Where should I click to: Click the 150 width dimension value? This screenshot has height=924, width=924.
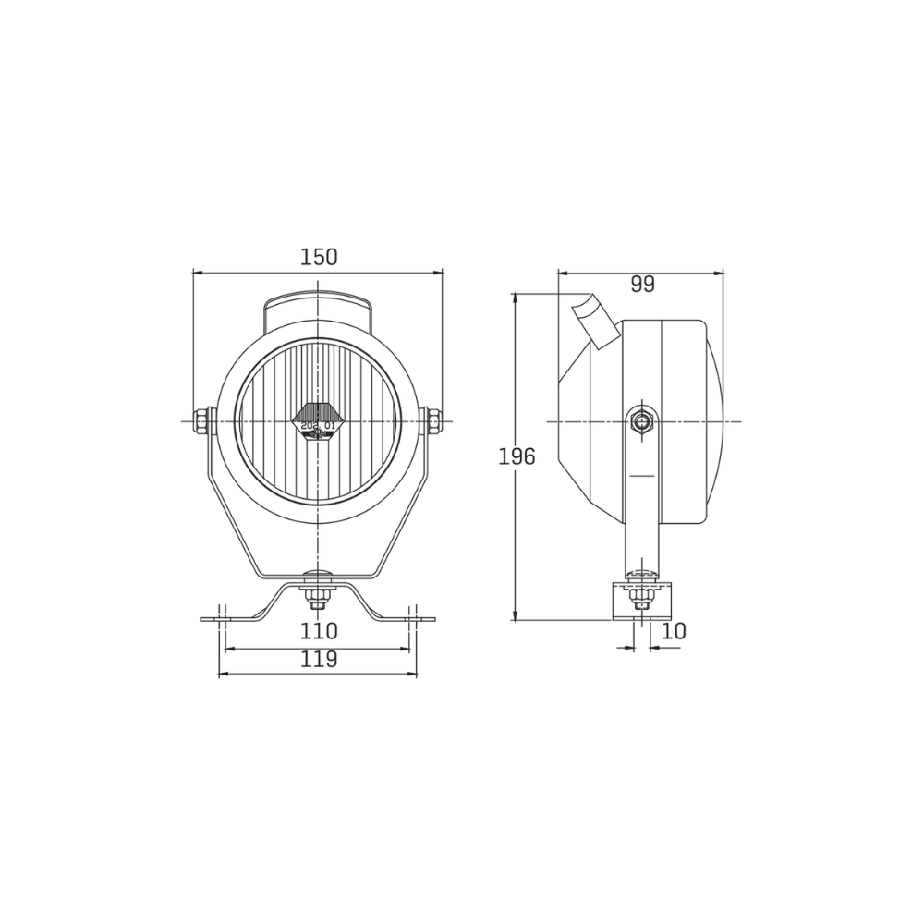[319, 258]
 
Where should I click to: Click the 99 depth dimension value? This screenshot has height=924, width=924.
[642, 285]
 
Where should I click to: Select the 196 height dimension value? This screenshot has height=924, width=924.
[517, 456]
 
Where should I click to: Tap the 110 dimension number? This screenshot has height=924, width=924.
[319, 631]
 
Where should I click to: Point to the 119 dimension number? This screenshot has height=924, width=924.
[319, 660]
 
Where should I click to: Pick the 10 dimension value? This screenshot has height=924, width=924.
[675, 631]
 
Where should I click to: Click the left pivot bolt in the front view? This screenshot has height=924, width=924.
[201, 420]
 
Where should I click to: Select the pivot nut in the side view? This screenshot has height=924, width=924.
[640, 421]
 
